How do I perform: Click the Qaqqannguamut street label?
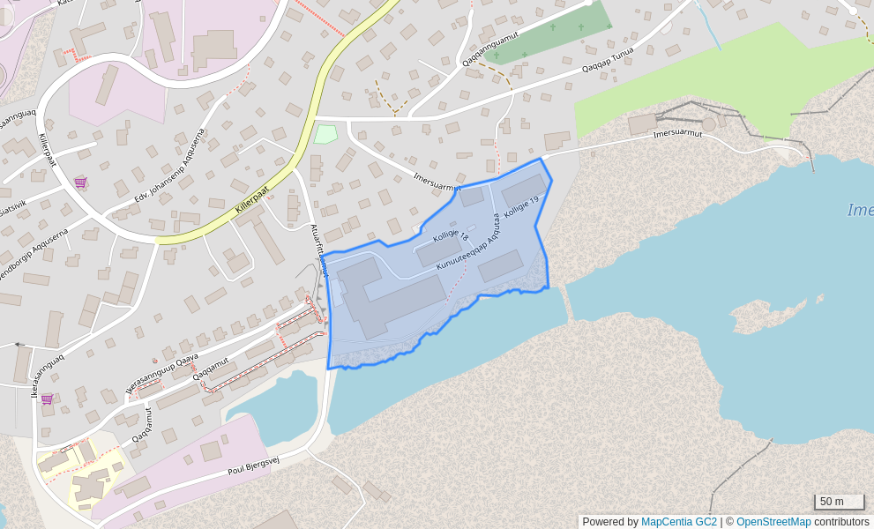[x=490, y=48]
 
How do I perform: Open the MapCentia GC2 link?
[x=678, y=522]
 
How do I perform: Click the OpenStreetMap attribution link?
[x=773, y=522]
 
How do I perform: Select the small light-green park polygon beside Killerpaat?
[x=325, y=134]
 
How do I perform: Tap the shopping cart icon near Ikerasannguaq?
[x=47, y=399]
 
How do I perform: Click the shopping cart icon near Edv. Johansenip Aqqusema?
[x=80, y=183]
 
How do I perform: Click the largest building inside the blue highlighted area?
[x=388, y=297]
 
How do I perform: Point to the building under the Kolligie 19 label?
[x=524, y=190]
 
